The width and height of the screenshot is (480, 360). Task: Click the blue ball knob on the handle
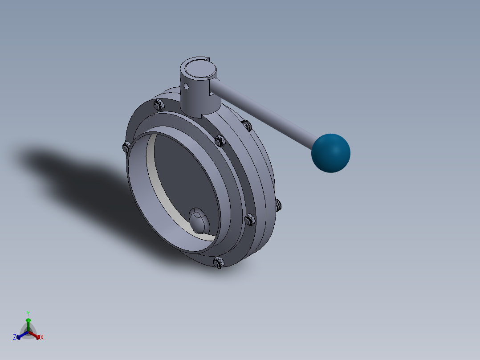point(330,153)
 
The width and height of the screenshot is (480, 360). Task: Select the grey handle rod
point(263,113)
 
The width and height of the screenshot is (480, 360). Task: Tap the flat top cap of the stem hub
point(199,68)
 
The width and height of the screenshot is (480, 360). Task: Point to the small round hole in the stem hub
point(186,87)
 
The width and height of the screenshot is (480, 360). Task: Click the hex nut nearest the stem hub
point(159,105)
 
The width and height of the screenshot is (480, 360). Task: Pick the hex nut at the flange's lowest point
point(219,262)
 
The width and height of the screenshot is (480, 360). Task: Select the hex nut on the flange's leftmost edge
point(126,147)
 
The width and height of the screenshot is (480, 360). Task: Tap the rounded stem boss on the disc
point(197,220)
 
